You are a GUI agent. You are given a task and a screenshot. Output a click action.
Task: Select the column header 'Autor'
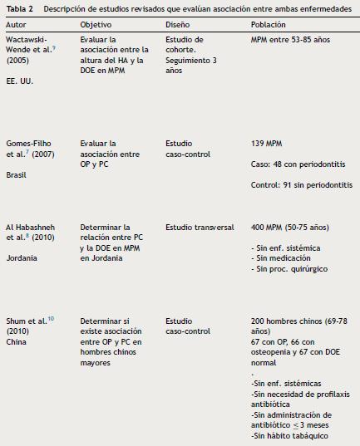point(17,26)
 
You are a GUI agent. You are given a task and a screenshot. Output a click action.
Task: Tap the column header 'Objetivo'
point(96,26)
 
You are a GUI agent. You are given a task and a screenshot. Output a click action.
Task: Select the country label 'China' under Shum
point(16,339)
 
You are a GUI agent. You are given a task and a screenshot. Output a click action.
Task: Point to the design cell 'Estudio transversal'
point(200,226)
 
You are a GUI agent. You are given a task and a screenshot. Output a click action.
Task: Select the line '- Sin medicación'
point(283,258)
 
